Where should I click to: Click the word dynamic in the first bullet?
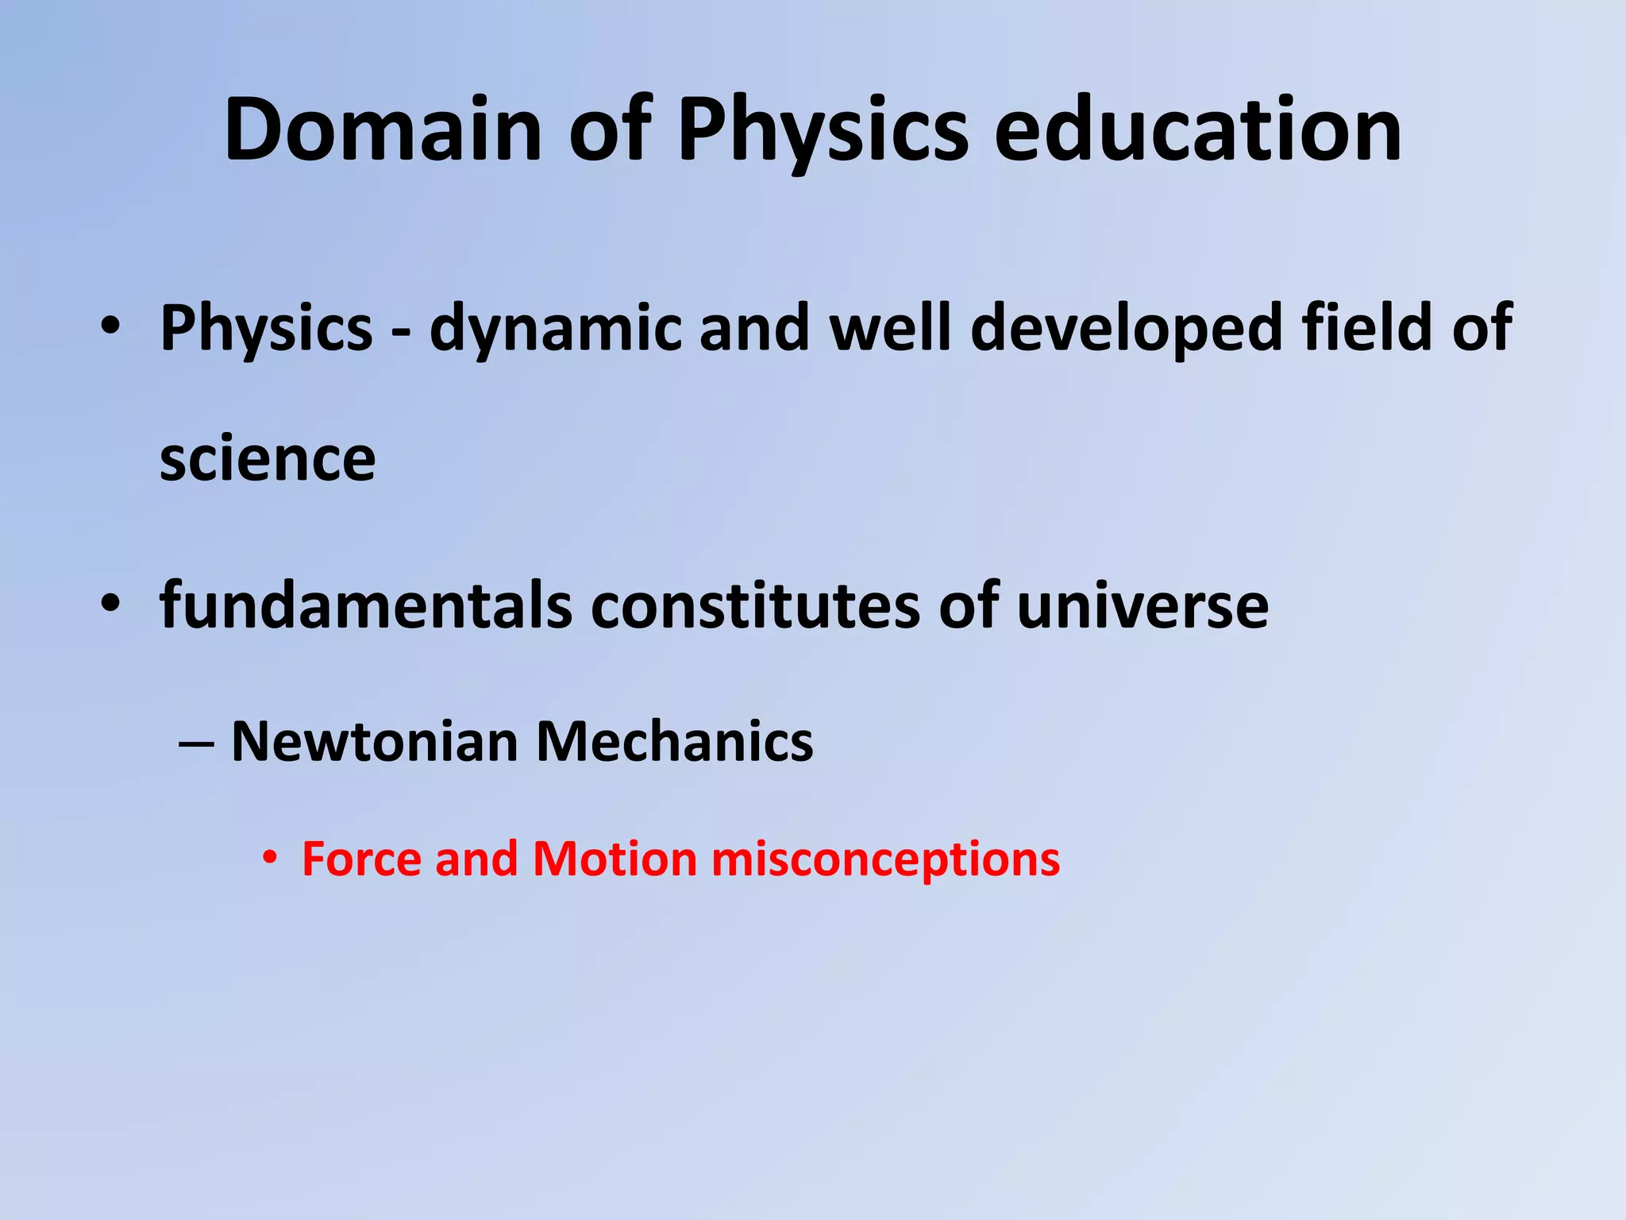[x=556, y=329]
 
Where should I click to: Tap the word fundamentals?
[x=365, y=605]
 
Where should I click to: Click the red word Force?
[x=362, y=859]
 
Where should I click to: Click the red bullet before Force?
[x=271, y=859]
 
